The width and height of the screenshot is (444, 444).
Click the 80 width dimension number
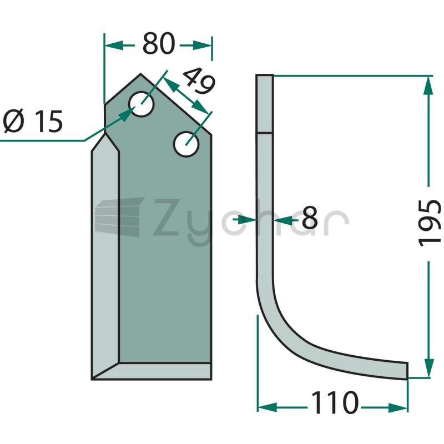pos(158,44)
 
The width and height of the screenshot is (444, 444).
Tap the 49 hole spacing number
pos(199,80)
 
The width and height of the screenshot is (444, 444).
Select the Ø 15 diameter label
pos(33,121)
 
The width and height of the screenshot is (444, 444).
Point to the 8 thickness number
pos(310,218)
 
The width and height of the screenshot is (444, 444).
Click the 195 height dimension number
pos(430,223)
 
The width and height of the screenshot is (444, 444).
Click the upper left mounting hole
pos(141,104)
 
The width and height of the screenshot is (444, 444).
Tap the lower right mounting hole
pos(186,144)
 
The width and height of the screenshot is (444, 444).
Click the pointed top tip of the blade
pos(141,74)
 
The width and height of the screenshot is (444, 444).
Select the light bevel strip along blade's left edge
pos(105,255)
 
